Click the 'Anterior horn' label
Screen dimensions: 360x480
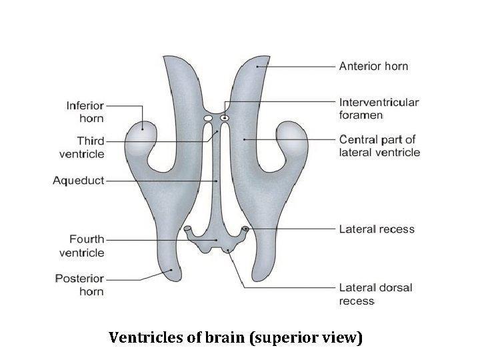point(373,66)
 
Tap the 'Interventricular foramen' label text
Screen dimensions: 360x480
point(379,109)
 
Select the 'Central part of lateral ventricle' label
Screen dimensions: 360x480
point(379,145)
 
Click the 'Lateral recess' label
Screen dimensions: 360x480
point(377,229)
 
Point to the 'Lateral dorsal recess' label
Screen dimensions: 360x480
point(375,294)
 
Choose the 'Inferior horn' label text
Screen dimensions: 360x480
point(85,111)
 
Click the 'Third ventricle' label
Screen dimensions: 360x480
point(81,147)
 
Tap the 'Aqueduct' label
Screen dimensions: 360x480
point(78,181)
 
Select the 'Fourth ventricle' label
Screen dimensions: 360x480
point(81,245)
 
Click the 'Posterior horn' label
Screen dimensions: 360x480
point(80,285)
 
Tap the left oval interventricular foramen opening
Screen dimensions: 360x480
point(208,119)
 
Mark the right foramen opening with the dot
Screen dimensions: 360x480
point(225,119)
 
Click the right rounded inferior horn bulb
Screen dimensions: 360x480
point(291,135)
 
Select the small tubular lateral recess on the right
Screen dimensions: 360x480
point(246,230)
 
